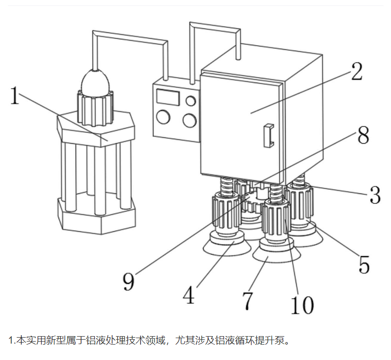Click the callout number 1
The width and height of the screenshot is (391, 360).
click(15, 95)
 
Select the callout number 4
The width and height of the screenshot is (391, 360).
click(188, 296)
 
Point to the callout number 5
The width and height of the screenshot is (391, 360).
click(364, 265)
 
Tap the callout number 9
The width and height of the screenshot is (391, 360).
click(129, 282)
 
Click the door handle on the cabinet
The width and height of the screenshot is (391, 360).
click(269, 135)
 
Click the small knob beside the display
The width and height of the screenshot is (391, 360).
click(190, 102)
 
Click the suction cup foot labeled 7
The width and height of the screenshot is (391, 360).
click(275, 255)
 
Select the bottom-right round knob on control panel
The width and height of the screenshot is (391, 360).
click(189, 120)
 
